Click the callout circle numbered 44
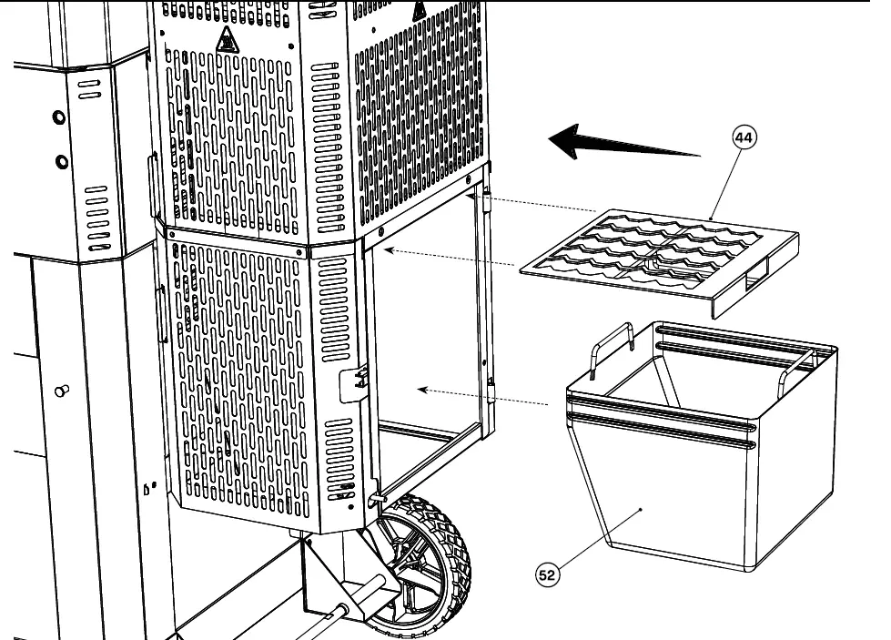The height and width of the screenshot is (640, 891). pyautogui.click(x=744, y=138)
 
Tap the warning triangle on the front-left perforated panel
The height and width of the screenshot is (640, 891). pyautogui.click(x=226, y=40)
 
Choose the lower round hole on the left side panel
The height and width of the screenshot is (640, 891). pyautogui.click(x=61, y=162)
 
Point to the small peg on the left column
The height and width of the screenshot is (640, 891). pyautogui.click(x=63, y=391)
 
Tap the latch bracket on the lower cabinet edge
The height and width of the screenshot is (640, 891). pyautogui.click(x=353, y=382)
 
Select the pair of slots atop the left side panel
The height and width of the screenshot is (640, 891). pyautogui.click(x=88, y=88)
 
